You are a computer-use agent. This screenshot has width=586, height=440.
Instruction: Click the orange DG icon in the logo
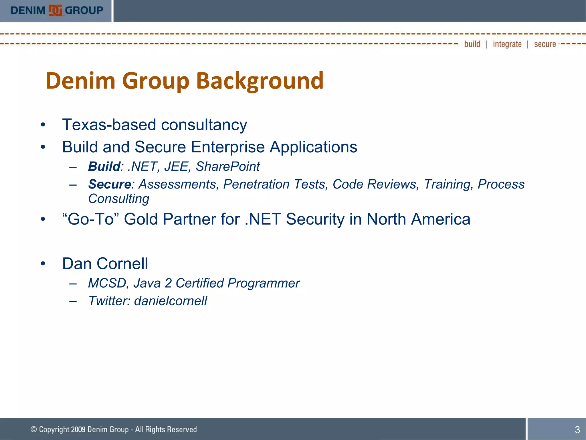click(x=55, y=11)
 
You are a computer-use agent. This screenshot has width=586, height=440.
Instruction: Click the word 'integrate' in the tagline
click(x=507, y=44)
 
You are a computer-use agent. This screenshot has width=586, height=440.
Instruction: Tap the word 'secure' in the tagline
click(x=545, y=44)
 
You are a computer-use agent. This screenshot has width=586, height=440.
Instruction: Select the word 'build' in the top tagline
click(x=472, y=44)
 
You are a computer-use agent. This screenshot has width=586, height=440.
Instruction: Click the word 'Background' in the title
click(x=260, y=81)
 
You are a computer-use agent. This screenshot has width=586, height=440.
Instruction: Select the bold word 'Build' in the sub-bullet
click(x=104, y=166)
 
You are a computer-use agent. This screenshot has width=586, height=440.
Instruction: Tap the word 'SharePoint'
click(x=228, y=166)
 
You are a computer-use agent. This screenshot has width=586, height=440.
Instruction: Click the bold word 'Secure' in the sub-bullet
click(x=110, y=184)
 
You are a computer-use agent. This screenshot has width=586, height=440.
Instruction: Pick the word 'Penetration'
click(x=256, y=184)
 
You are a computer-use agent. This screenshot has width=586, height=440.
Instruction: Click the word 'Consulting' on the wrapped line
click(x=119, y=199)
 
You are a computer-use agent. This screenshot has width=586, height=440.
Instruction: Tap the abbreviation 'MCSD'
click(x=106, y=283)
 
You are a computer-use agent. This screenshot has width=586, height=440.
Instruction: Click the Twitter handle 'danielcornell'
click(x=170, y=301)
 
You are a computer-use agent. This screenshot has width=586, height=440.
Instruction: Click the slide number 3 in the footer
click(x=577, y=430)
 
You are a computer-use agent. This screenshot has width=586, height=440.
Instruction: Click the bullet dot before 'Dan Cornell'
click(x=43, y=264)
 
